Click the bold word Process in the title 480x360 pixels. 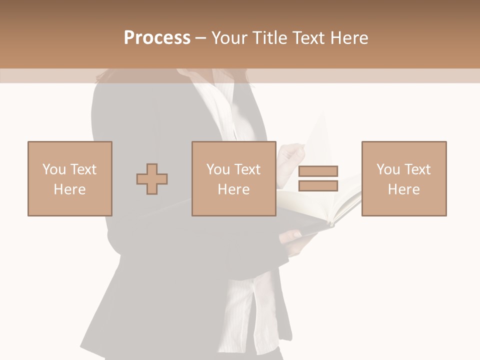(157, 38)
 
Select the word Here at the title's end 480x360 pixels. (349, 38)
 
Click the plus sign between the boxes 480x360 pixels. (152, 179)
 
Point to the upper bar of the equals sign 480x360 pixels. (318, 171)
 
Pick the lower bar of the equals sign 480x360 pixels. (318, 186)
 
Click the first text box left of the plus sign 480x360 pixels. (69, 178)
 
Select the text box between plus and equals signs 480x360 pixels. (233, 178)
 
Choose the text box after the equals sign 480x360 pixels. (403, 178)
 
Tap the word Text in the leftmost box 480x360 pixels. (82, 169)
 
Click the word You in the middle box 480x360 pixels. (218, 169)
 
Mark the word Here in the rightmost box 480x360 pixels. (403, 189)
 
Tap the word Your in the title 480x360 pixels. (230, 38)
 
